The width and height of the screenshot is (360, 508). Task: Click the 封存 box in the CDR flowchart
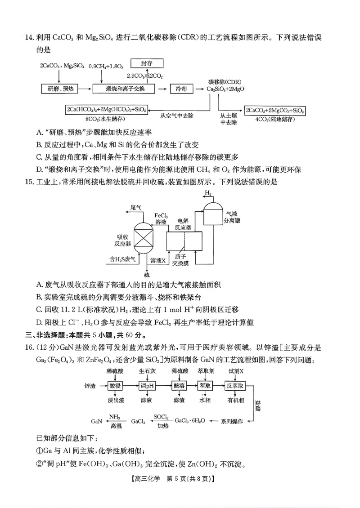pos(147,64)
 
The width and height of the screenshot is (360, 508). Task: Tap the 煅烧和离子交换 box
pos(125,89)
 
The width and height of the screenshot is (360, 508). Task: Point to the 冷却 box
pos(181,89)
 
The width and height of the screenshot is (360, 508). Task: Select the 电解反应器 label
pos(184,224)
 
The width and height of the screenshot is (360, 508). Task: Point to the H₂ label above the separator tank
pos(208,193)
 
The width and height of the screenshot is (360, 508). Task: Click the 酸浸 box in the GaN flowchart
pos(116,386)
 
